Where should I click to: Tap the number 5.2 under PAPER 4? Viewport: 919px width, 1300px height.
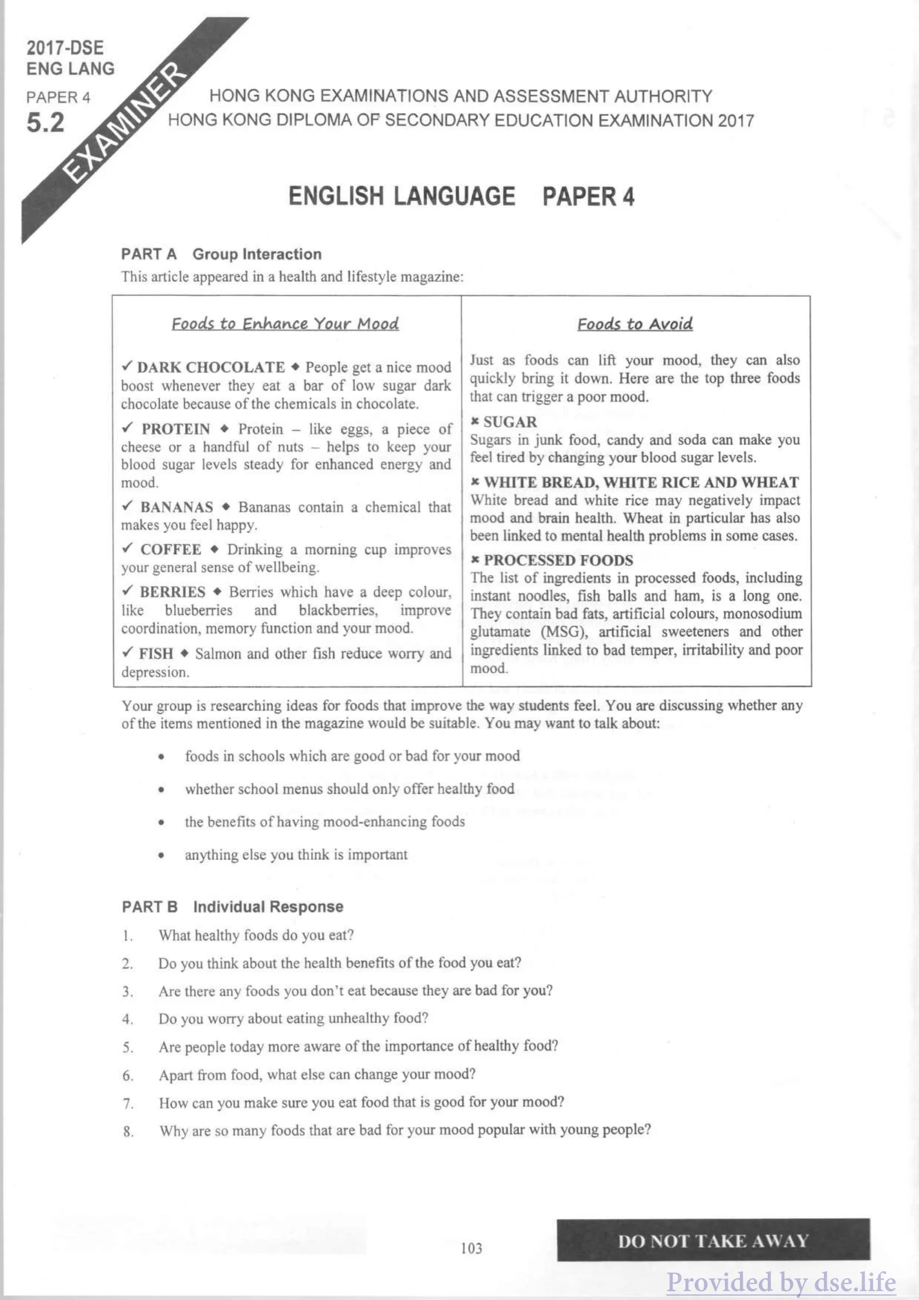[x=45, y=123]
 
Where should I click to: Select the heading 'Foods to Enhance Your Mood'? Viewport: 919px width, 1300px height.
[x=285, y=324]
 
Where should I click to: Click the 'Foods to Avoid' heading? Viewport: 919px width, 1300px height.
[x=635, y=324]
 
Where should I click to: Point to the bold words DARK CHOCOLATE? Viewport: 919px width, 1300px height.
[x=211, y=367]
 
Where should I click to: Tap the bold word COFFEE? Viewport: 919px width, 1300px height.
[x=171, y=549]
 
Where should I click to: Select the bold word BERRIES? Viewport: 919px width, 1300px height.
[x=173, y=592]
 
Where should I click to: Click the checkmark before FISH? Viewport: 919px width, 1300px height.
[x=128, y=653]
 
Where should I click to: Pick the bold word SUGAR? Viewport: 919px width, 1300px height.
[x=510, y=422]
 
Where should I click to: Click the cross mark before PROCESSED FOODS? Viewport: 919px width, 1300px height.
[x=475, y=560]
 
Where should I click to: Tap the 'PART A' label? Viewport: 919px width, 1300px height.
[x=149, y=254]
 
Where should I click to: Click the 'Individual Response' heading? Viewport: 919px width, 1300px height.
[x=268, y=906]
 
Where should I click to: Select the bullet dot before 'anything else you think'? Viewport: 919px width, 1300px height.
[x=161, y=855]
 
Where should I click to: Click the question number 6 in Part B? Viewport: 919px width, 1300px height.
[x=128, y=1075]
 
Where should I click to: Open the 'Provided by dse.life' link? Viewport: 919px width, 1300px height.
[x=781, y=1282]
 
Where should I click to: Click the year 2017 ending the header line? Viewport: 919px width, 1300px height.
[x=736, y=121]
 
